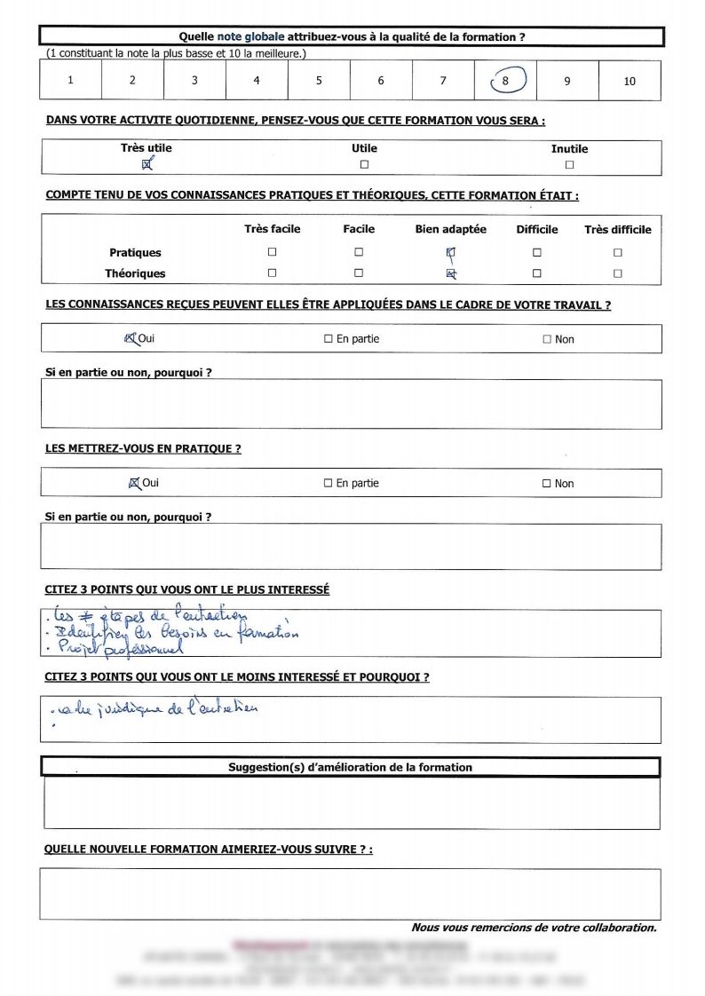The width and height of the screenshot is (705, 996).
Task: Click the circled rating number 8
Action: pyautogui.click(x=505, y=81)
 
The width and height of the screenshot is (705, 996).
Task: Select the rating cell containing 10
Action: pyautogui.click(x=630, y=81)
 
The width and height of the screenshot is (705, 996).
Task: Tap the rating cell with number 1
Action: pyautogui.click(x=70, y=81)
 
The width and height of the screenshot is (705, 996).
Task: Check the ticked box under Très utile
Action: pyautogui.click(x=147, y=163)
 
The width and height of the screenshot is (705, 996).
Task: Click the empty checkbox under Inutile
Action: pyautogui.click(x=569, y=164)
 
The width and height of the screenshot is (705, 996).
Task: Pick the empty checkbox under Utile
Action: pyautogui.click(x=364, y=164)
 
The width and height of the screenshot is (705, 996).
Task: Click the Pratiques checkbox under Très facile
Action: pyautogui.click(x=272, y=252)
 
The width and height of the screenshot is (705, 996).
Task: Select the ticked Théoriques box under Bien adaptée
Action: pyautogui.click(x=451, y=273)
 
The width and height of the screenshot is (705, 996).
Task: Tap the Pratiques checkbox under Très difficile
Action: pyautogui.click(x=617, y=252)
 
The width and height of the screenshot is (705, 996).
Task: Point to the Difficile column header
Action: pyautogui.click(x=537, y=229)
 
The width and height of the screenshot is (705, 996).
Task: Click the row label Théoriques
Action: pyautogui.click(x=135, y=273)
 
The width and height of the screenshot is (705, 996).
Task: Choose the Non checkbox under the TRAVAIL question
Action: pyautogui.click(x=547, y=339)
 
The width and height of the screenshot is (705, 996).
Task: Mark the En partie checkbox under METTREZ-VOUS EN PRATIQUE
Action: pyautogui.click(x=328, y=484)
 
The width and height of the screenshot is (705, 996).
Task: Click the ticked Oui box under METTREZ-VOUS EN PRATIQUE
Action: pyautogui.click(x=134, y=484)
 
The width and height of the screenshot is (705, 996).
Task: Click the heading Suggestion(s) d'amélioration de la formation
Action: pyautogui.click(x=350, y=767)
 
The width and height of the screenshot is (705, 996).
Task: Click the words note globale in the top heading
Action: pyautogui.click(x=250, y=36)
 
